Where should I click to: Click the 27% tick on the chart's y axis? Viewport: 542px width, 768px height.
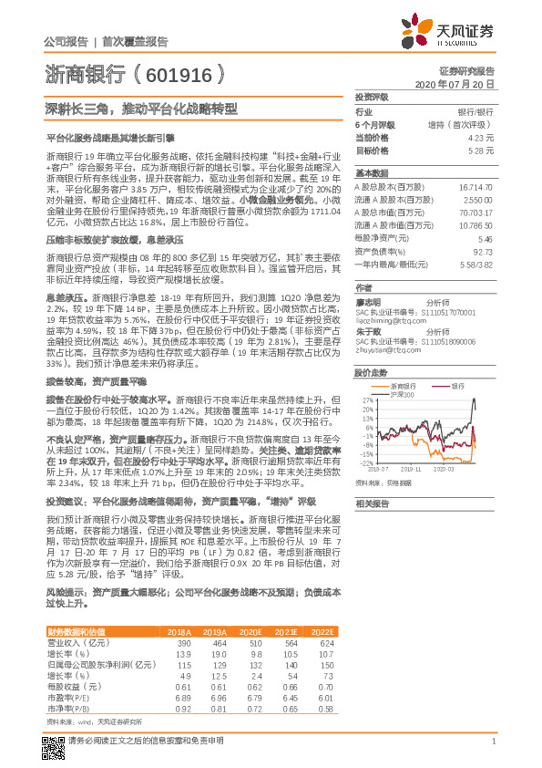(x=366, y=400)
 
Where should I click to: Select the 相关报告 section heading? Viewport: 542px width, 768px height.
(x=372, y=503)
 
